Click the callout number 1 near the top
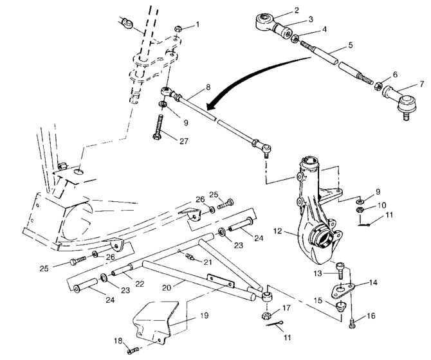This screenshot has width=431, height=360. coord(197,24)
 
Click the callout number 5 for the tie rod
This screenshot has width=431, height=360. coord(351,45)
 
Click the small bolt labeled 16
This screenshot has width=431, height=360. coord(353,321)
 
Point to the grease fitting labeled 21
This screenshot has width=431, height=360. coord(190,257)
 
